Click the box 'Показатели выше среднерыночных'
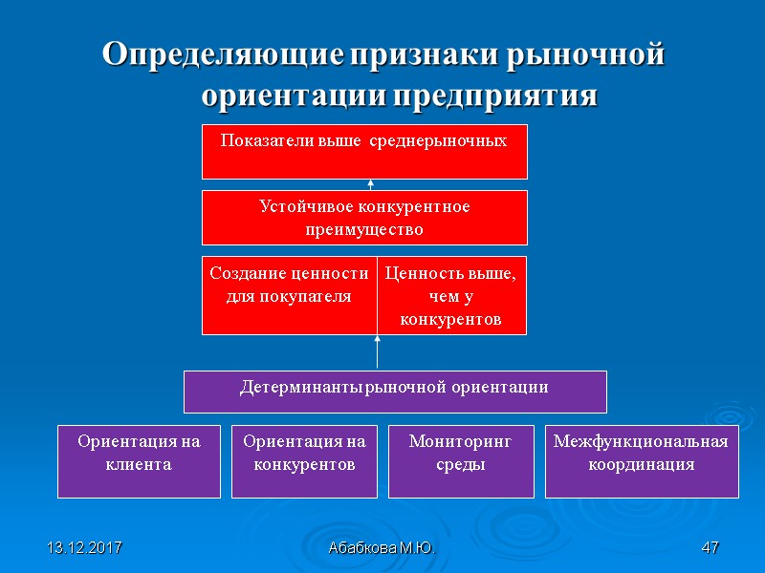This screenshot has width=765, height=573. (364, 151)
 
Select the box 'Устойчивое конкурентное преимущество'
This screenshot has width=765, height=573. (364, 218)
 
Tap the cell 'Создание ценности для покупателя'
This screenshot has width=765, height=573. (289, 295)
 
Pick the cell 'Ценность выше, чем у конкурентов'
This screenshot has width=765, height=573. (451, 295)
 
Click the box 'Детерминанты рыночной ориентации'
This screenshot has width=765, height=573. (394, 392)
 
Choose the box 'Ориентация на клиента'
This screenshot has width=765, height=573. (139, 462)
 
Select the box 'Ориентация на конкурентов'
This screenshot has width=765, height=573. (304, 462)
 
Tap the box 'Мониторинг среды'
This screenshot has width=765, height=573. (461, 462)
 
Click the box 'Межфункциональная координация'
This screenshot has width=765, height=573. (642, 462)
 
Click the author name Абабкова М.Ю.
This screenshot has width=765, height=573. (382, 549)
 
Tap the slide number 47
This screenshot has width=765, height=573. (710, 549)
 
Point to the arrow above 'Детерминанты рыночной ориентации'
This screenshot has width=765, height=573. (378, 351)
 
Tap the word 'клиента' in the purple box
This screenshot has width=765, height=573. (139, 465)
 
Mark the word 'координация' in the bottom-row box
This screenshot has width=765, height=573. (642, 465)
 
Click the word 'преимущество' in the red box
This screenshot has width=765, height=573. (364, 230)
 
